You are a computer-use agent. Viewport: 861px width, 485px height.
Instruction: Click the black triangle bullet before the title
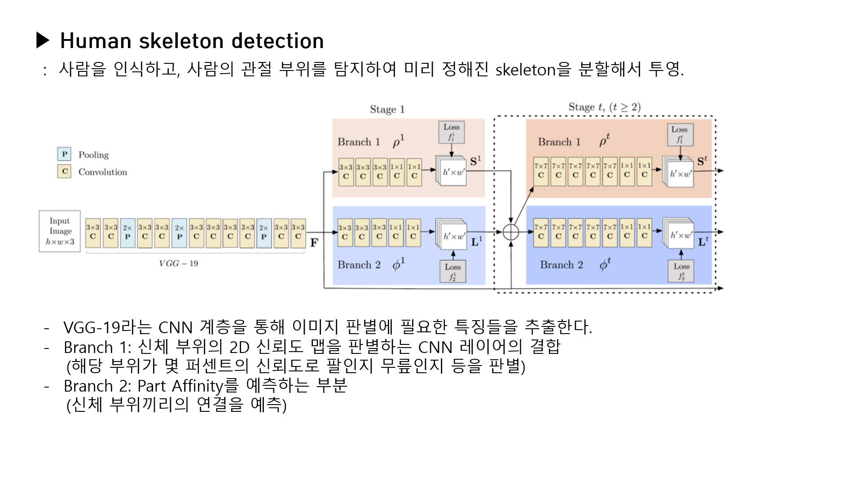pos(43,40)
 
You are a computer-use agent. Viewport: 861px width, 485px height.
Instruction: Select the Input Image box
pos(60,231)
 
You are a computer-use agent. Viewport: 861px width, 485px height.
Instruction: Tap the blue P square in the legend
pos(64,154)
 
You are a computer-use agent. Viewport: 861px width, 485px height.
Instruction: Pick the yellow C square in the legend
pos(64,171)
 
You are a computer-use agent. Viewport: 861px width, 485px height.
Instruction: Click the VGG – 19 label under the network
pos(178,264)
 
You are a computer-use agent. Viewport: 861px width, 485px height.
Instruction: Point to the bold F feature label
pos(314,243)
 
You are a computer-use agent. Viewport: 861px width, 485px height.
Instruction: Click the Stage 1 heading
pos(387,109)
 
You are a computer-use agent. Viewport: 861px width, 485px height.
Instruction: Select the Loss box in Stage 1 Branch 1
pos(451,132)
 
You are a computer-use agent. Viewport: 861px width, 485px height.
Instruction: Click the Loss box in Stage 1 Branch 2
pos(452,272)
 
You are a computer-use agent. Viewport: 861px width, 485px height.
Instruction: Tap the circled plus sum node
pos(511,232)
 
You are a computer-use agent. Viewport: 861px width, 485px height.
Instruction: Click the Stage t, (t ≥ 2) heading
pos(604,107)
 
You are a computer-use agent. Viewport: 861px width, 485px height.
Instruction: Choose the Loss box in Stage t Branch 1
pos(680,135)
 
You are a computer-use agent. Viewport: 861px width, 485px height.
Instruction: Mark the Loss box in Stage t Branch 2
pos(681,271)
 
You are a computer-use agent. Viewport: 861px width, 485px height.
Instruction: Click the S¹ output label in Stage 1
pos(475,161)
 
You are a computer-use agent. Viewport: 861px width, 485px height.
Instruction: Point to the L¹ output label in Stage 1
pos(477,242)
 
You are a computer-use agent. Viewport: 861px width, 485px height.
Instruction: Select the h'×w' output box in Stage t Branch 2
pos(681,234)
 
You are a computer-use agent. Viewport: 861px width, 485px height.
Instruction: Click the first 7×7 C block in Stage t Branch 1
pos(540,171)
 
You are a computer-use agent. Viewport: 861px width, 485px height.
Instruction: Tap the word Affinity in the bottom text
pos(198,386)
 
